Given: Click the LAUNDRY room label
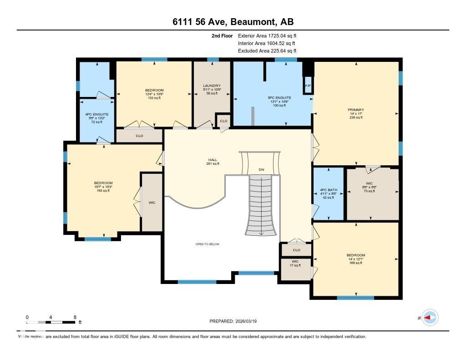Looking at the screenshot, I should [x=212, y=86].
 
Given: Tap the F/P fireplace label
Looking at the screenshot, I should [x=308, y=86].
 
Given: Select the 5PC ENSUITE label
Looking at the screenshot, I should [x=279, y=98].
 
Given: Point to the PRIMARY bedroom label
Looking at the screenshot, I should [x=356, y=110].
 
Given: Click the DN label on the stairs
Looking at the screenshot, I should [x=261, y=170].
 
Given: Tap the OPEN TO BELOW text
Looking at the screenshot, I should [x=207, y=244].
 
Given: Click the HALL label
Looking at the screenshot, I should [x=213, y=160].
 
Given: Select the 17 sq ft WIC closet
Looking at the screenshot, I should [x=295, y=264].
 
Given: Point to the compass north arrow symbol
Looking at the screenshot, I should [x=430, y=318].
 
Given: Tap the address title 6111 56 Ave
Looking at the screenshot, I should [x=233, y=22].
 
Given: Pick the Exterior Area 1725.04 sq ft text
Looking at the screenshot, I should [x=267, y=35].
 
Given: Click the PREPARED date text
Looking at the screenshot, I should [x=236, y=321].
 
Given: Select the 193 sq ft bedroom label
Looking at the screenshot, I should [x=103, y=187].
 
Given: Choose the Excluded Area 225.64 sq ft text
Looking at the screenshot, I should [x=267, y=51].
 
